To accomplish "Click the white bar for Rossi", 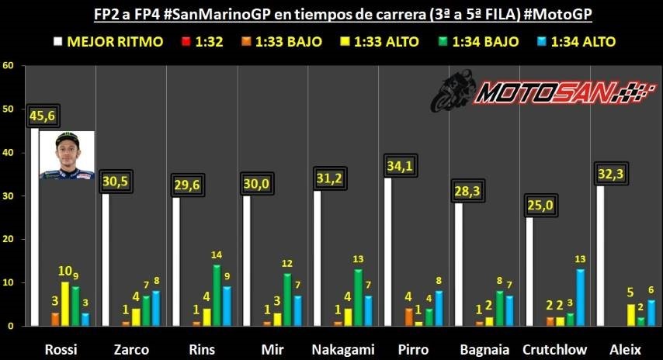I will coord(34,233).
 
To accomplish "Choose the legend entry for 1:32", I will coord(200,41).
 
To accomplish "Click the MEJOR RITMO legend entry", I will coord(108,41).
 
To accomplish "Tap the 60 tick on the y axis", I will coord(9,65).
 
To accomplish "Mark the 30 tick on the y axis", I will coord(9,196).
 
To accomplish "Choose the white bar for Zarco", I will coord(105,260).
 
